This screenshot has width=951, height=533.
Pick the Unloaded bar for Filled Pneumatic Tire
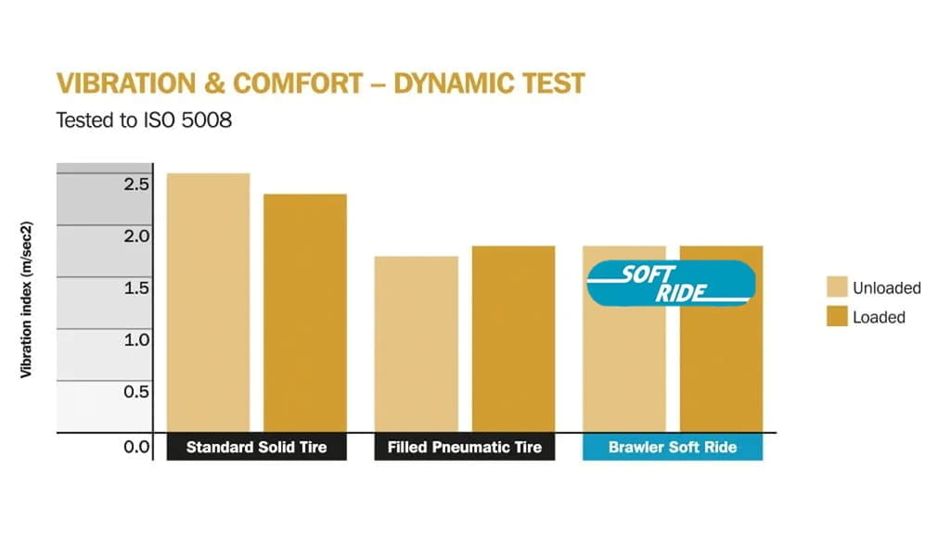pyautogui.click(x=417, y=344)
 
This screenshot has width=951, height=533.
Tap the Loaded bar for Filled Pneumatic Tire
pyautogui.click(x=513, y=338)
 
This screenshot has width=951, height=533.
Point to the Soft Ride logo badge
pyautogui.click(x=672, y=284)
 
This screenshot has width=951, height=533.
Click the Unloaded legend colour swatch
pyautogui.click(x=837, y=287)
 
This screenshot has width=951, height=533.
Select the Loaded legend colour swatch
pyautogui.click(x=837, y=317)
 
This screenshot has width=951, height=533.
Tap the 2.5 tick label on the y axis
pyautogui.click(x=136, y=184)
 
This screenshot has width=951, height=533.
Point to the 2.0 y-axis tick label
pyautogui.click(x=136, y=235)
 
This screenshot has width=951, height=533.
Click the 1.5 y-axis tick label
pyautogui.click(x=136, y=287)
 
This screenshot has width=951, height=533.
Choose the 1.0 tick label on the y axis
pyautogui.click(x=136, y=339)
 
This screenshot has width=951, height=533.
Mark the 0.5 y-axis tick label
pyautogui.click(x=136, y=391)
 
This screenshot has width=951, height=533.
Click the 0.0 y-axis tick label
pyautogui.click(x=136, y=447)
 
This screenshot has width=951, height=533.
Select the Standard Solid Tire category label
pyautogui.click(x=256, y=447)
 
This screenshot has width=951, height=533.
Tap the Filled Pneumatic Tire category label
pyautogui.click(x=465, y=447)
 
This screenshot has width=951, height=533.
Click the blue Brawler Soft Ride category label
pyautogui.click(x=673, y=447)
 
